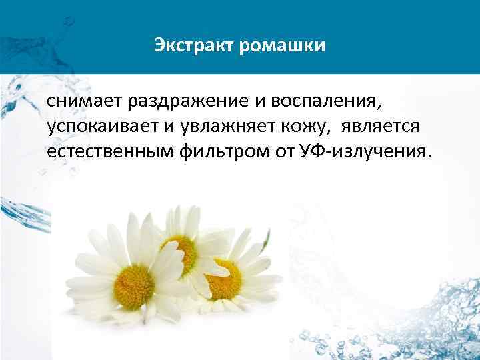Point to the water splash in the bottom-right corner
(x=427, y=320)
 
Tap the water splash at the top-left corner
(x=20, y=27)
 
